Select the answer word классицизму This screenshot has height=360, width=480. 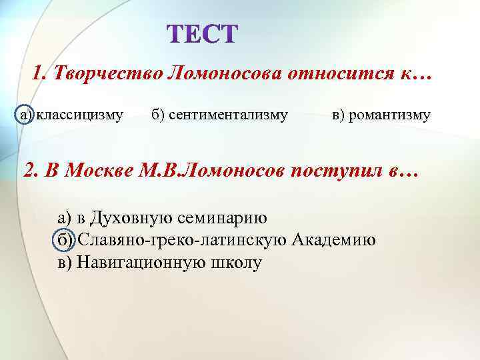79,115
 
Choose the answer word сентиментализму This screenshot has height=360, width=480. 228,115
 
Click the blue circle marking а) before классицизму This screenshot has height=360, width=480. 24,115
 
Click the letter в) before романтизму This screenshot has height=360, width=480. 339,115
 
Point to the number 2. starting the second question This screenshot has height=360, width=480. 31,171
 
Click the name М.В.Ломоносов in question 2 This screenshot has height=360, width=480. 213,171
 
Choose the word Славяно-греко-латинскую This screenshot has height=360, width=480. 183,240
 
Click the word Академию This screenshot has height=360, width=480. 333,240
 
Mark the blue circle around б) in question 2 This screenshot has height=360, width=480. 64,240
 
